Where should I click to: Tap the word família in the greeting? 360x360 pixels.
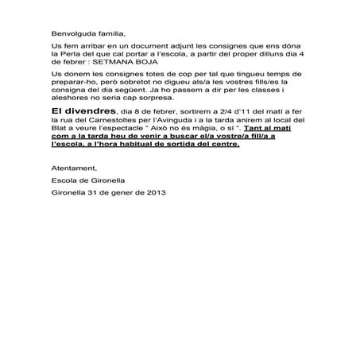point(110,35)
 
